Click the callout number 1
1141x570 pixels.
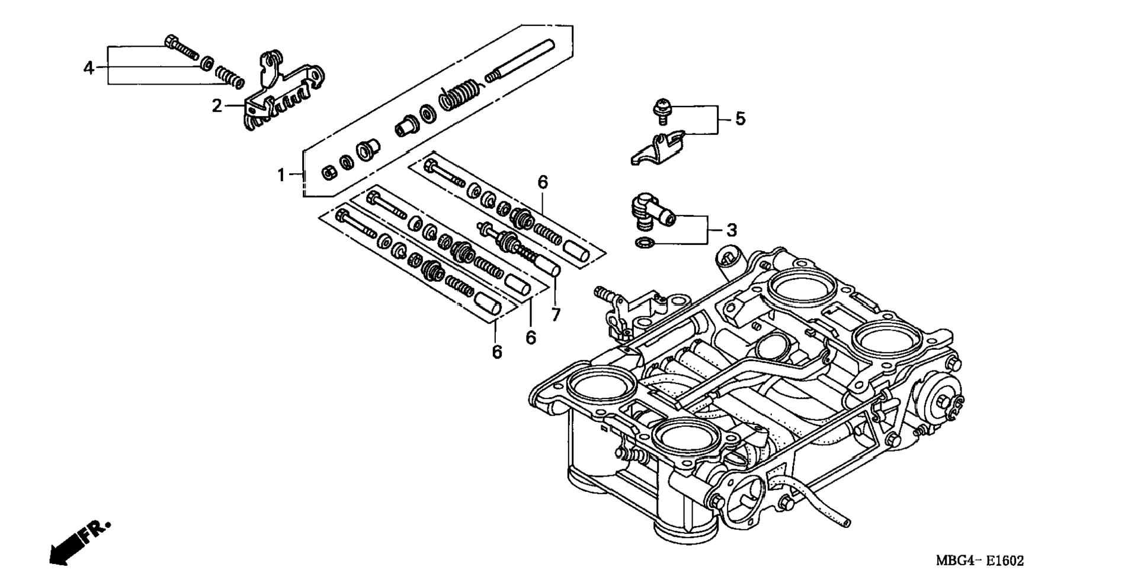[282, 175]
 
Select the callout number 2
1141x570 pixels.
[217, 107]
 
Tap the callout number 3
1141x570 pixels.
[732, 230]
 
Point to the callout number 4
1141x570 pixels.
[89, 68]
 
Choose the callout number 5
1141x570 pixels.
[740, 118]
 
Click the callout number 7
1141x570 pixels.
[556, 315]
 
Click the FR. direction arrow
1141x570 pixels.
[79, 542]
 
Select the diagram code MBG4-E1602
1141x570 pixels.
[980, 561]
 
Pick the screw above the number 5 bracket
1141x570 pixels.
[662, 112]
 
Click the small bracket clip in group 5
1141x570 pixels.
[658, 148]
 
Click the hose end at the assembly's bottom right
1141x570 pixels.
[846, 523]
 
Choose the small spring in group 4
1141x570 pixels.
[229, 77]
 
